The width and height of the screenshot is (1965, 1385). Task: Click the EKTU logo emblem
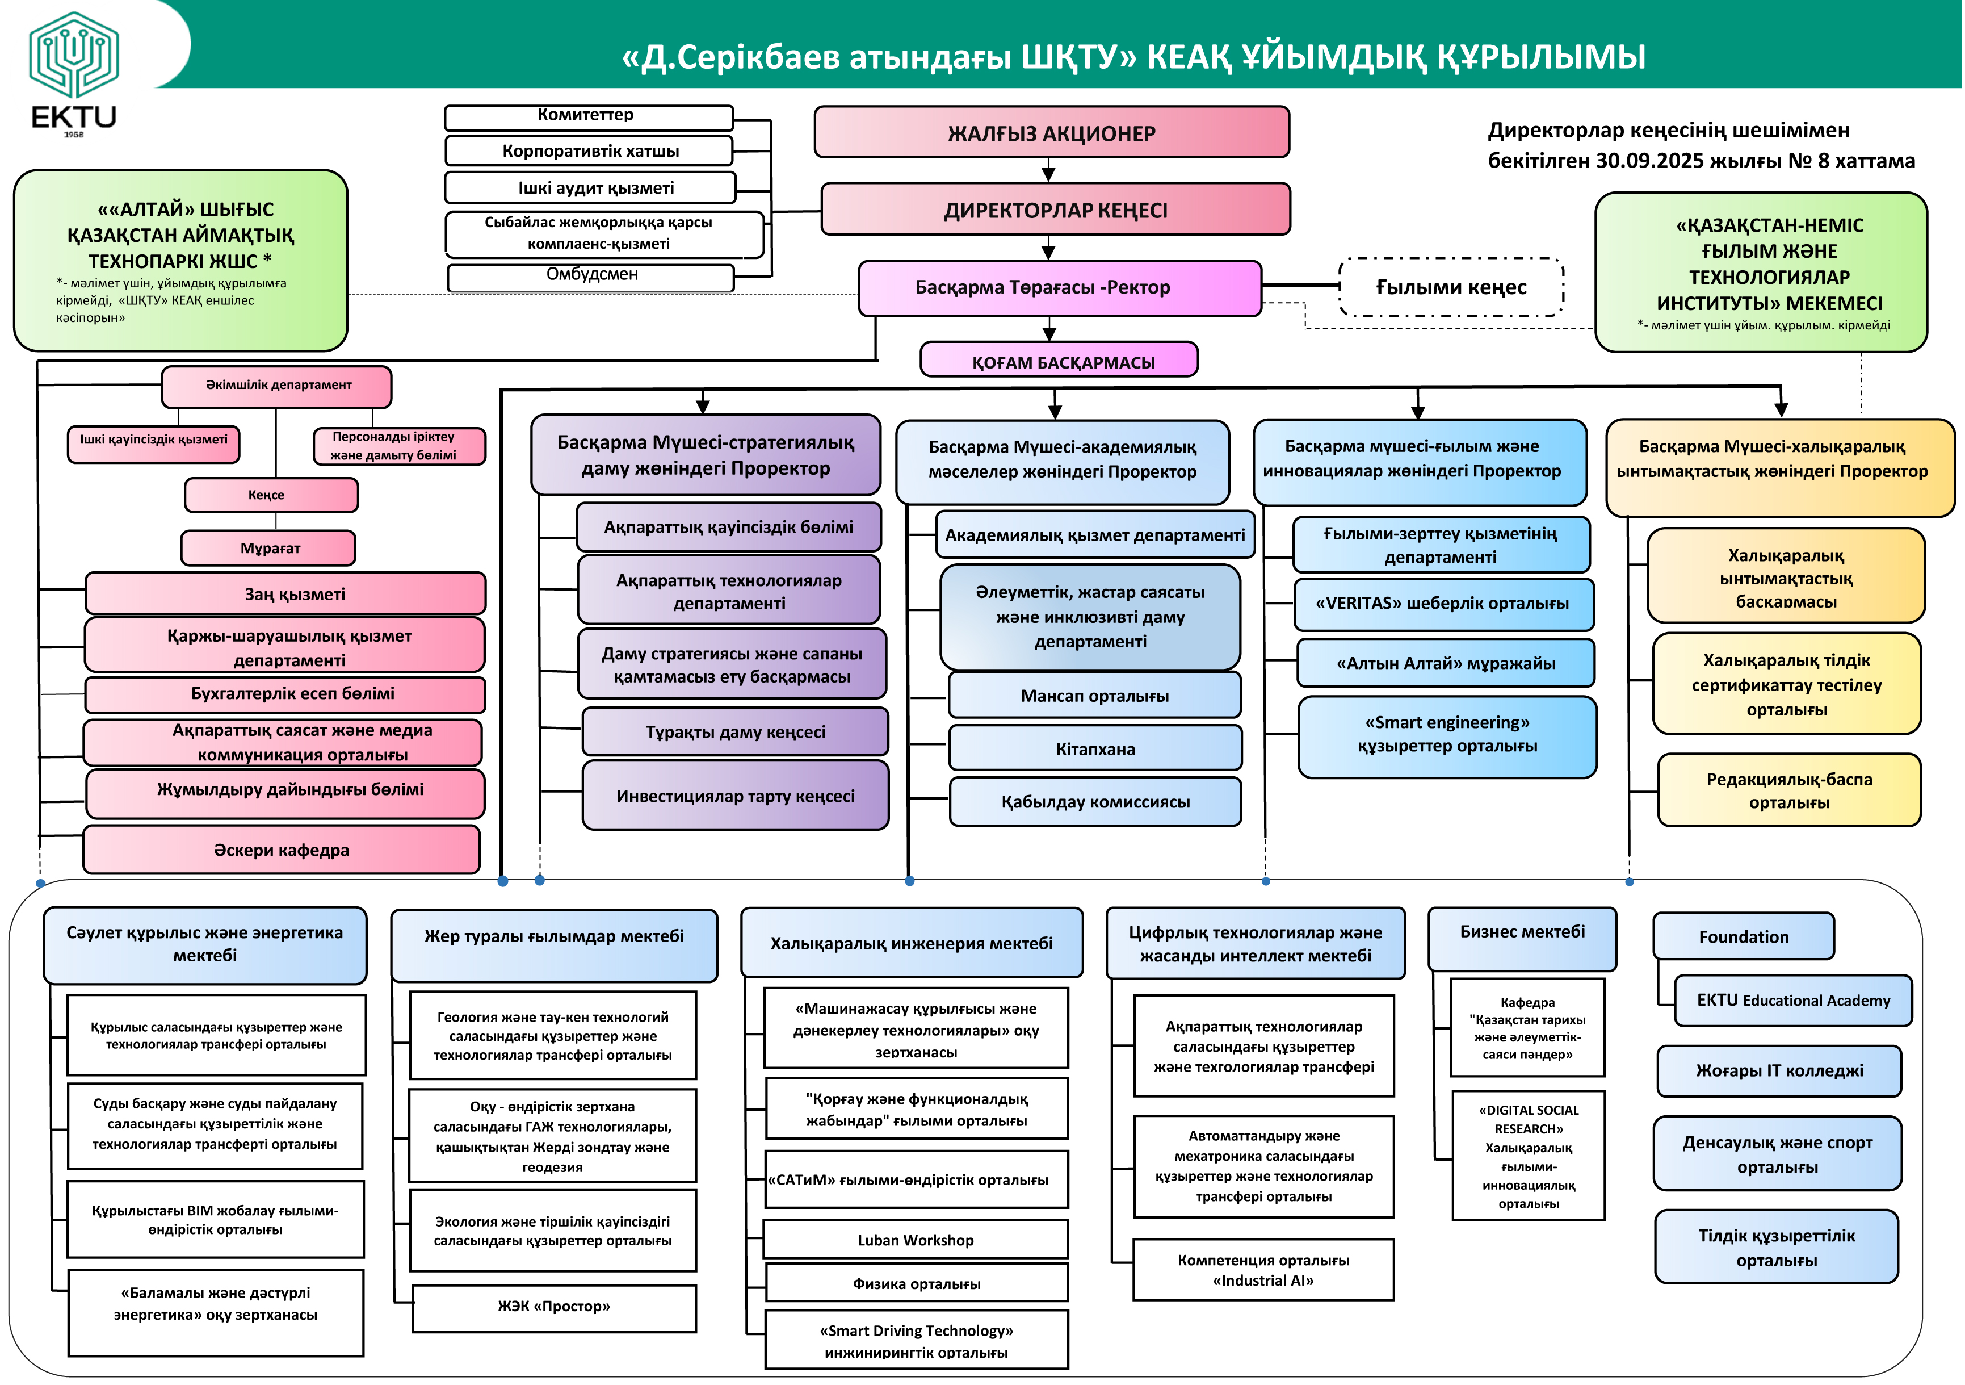coord(74,56)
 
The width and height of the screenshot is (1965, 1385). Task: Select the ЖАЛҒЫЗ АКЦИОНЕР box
coord(1051,133)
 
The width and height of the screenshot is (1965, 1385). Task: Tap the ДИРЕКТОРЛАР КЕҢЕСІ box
coord(1055,210)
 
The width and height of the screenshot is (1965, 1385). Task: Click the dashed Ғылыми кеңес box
coord(1451,287)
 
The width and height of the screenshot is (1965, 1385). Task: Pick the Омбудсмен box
coord(591,275)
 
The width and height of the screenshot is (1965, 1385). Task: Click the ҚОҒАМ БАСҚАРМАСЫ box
coord(1060,361)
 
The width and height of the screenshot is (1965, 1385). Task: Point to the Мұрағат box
coord(268,548)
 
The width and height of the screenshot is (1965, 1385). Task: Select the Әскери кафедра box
coord(282,850)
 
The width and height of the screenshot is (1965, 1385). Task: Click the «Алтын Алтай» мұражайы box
coord(1446,663)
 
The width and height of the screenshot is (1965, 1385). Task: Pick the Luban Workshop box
coord(916,1240)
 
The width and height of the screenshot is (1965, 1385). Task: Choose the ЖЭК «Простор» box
coord(554,1306)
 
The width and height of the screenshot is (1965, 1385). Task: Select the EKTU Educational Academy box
coord(1793,1000)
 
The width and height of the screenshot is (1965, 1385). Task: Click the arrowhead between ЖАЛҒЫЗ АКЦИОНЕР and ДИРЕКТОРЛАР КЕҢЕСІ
coord(1048,174)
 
